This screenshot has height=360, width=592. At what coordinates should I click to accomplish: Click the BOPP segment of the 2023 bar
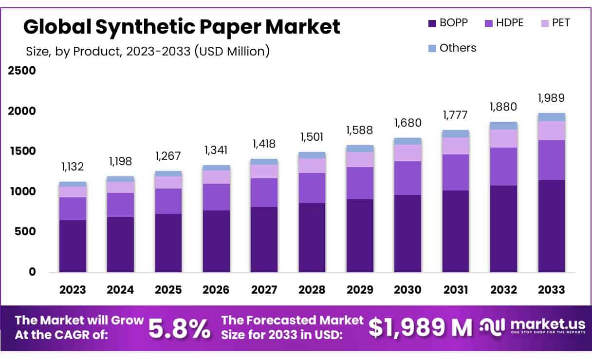coord(73,246)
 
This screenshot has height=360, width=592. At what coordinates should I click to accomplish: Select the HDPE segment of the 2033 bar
coord(552,160)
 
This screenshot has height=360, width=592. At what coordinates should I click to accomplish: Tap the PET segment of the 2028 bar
coord(312,166)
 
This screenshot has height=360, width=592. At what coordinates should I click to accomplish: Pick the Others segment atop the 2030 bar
coord(408,141)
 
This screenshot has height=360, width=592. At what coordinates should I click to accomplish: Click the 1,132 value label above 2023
coord(73,167)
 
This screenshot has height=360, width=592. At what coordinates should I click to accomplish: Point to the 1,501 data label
coord(312,137)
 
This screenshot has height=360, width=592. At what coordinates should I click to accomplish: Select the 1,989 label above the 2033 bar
coord(552,98)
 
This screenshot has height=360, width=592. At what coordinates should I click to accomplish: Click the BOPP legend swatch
coord(431,23)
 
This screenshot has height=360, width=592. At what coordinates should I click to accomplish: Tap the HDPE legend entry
coord(503,22)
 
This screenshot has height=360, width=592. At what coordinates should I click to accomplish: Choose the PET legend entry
coord(555,22)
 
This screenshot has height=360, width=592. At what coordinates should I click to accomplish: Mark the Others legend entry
coord(452,48)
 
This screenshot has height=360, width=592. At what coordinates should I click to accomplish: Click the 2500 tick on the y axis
coord(22,71)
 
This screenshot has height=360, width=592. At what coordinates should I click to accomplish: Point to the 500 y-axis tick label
coord(26,231)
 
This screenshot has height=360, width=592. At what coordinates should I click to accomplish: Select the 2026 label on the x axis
coord(216,290)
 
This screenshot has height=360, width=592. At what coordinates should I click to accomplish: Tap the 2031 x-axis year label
coord(456,290)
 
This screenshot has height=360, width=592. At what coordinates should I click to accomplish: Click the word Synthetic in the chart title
coord(136,27)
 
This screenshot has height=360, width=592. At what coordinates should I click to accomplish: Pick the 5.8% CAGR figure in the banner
coord(180,328)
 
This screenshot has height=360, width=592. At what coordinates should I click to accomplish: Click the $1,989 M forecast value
coord(420,328)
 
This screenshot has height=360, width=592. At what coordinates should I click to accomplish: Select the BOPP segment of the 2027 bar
coord(264,240)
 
